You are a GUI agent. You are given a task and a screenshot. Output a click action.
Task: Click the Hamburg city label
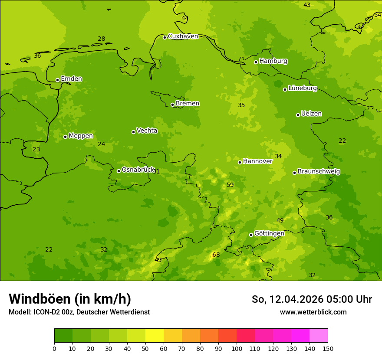coord(273,61)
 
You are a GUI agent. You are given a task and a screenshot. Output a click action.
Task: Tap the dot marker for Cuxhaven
coord(165,37)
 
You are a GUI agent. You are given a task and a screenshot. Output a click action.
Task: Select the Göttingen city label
coord(269,233)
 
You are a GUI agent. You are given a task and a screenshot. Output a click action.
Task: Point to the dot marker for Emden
coord(57,80)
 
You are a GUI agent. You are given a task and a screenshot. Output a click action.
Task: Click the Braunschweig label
coord(319,171)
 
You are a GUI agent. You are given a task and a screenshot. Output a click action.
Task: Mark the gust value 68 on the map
coord(216,255)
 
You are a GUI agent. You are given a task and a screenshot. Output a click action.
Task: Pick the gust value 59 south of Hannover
coord(230,185)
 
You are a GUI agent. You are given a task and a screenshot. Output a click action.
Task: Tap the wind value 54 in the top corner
coord(377,15)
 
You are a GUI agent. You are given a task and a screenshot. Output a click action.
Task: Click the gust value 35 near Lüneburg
coord(241,105)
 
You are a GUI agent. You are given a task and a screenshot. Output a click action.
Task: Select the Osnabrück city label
coord(138,170)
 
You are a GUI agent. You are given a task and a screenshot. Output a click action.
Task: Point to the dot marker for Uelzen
coord(298,115)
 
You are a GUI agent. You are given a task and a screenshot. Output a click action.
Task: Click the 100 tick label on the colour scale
coord(237,348)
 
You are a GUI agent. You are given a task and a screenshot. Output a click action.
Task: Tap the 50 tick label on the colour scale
coord(145,348)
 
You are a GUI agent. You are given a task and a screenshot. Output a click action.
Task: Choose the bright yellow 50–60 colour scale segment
coord(155,336)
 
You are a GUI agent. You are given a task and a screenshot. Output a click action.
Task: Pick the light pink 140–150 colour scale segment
coord(319,336)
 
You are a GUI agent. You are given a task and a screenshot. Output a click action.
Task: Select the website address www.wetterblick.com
coord(313,312)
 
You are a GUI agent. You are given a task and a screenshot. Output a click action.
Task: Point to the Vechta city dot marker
coord(133,132)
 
